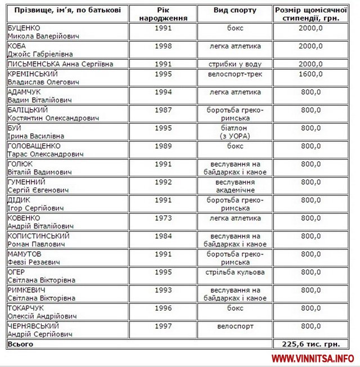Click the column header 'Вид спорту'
(235, 10)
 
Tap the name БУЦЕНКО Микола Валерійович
(42, 32)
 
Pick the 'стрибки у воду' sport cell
(235, 64)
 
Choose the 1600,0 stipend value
(310, 73)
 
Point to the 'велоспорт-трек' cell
(235, 73)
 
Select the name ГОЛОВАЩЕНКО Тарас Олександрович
(45, 150)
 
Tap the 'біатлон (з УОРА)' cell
(235, 132)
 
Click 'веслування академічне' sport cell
(235, 186)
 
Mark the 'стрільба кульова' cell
(235, 272)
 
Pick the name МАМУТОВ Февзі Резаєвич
(36, 258)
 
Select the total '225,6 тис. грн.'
(310, 343)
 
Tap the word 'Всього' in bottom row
(20, 343)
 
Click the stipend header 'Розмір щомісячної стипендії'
(310, 14)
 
